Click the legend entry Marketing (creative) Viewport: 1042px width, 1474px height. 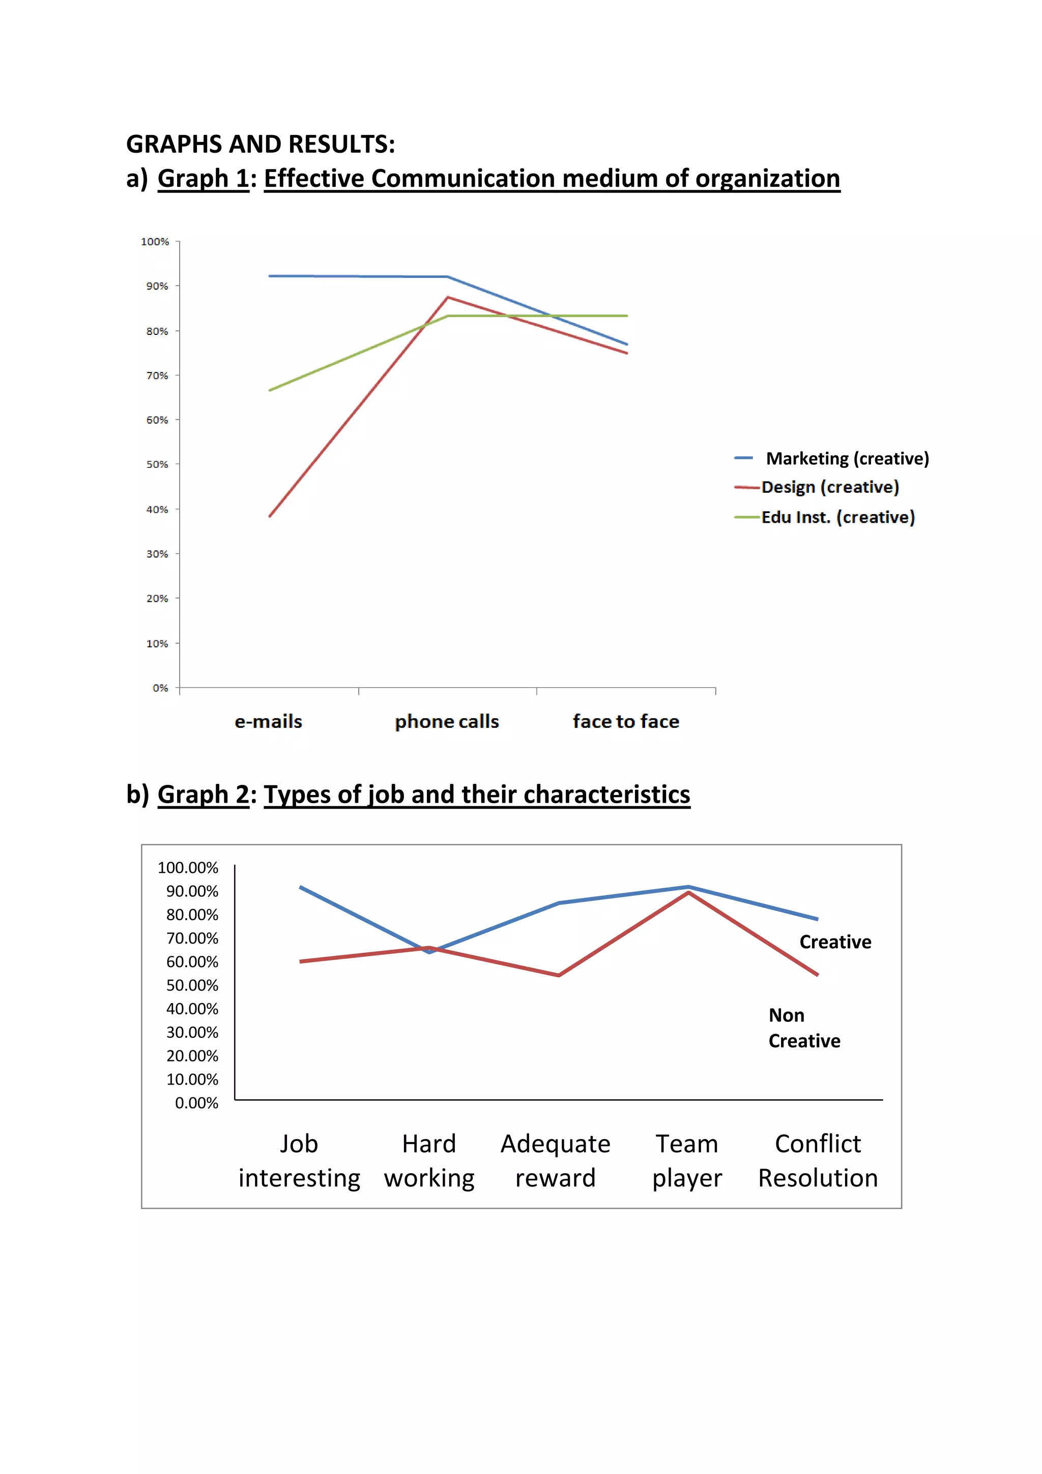847,459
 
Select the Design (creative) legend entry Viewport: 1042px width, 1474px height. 830,487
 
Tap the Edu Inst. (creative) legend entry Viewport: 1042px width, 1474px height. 837,518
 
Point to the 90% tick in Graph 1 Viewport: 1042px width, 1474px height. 157,287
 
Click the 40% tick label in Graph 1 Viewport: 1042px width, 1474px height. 157,509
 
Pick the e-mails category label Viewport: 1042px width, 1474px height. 268,722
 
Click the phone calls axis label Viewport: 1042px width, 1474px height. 447,722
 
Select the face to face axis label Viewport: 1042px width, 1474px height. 626,722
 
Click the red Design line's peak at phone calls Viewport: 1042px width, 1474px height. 448,297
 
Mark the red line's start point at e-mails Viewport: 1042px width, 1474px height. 270,516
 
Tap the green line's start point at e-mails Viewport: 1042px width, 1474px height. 270,390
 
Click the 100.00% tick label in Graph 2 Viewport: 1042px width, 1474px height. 188,868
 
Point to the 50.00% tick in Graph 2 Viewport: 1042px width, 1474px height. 192,985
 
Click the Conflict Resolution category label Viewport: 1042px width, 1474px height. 818,1160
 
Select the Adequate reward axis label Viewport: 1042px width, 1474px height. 556,1160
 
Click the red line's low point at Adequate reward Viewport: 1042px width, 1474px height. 559,975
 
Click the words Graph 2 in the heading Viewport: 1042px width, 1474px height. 203,795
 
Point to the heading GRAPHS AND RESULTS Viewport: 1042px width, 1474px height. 260,145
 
